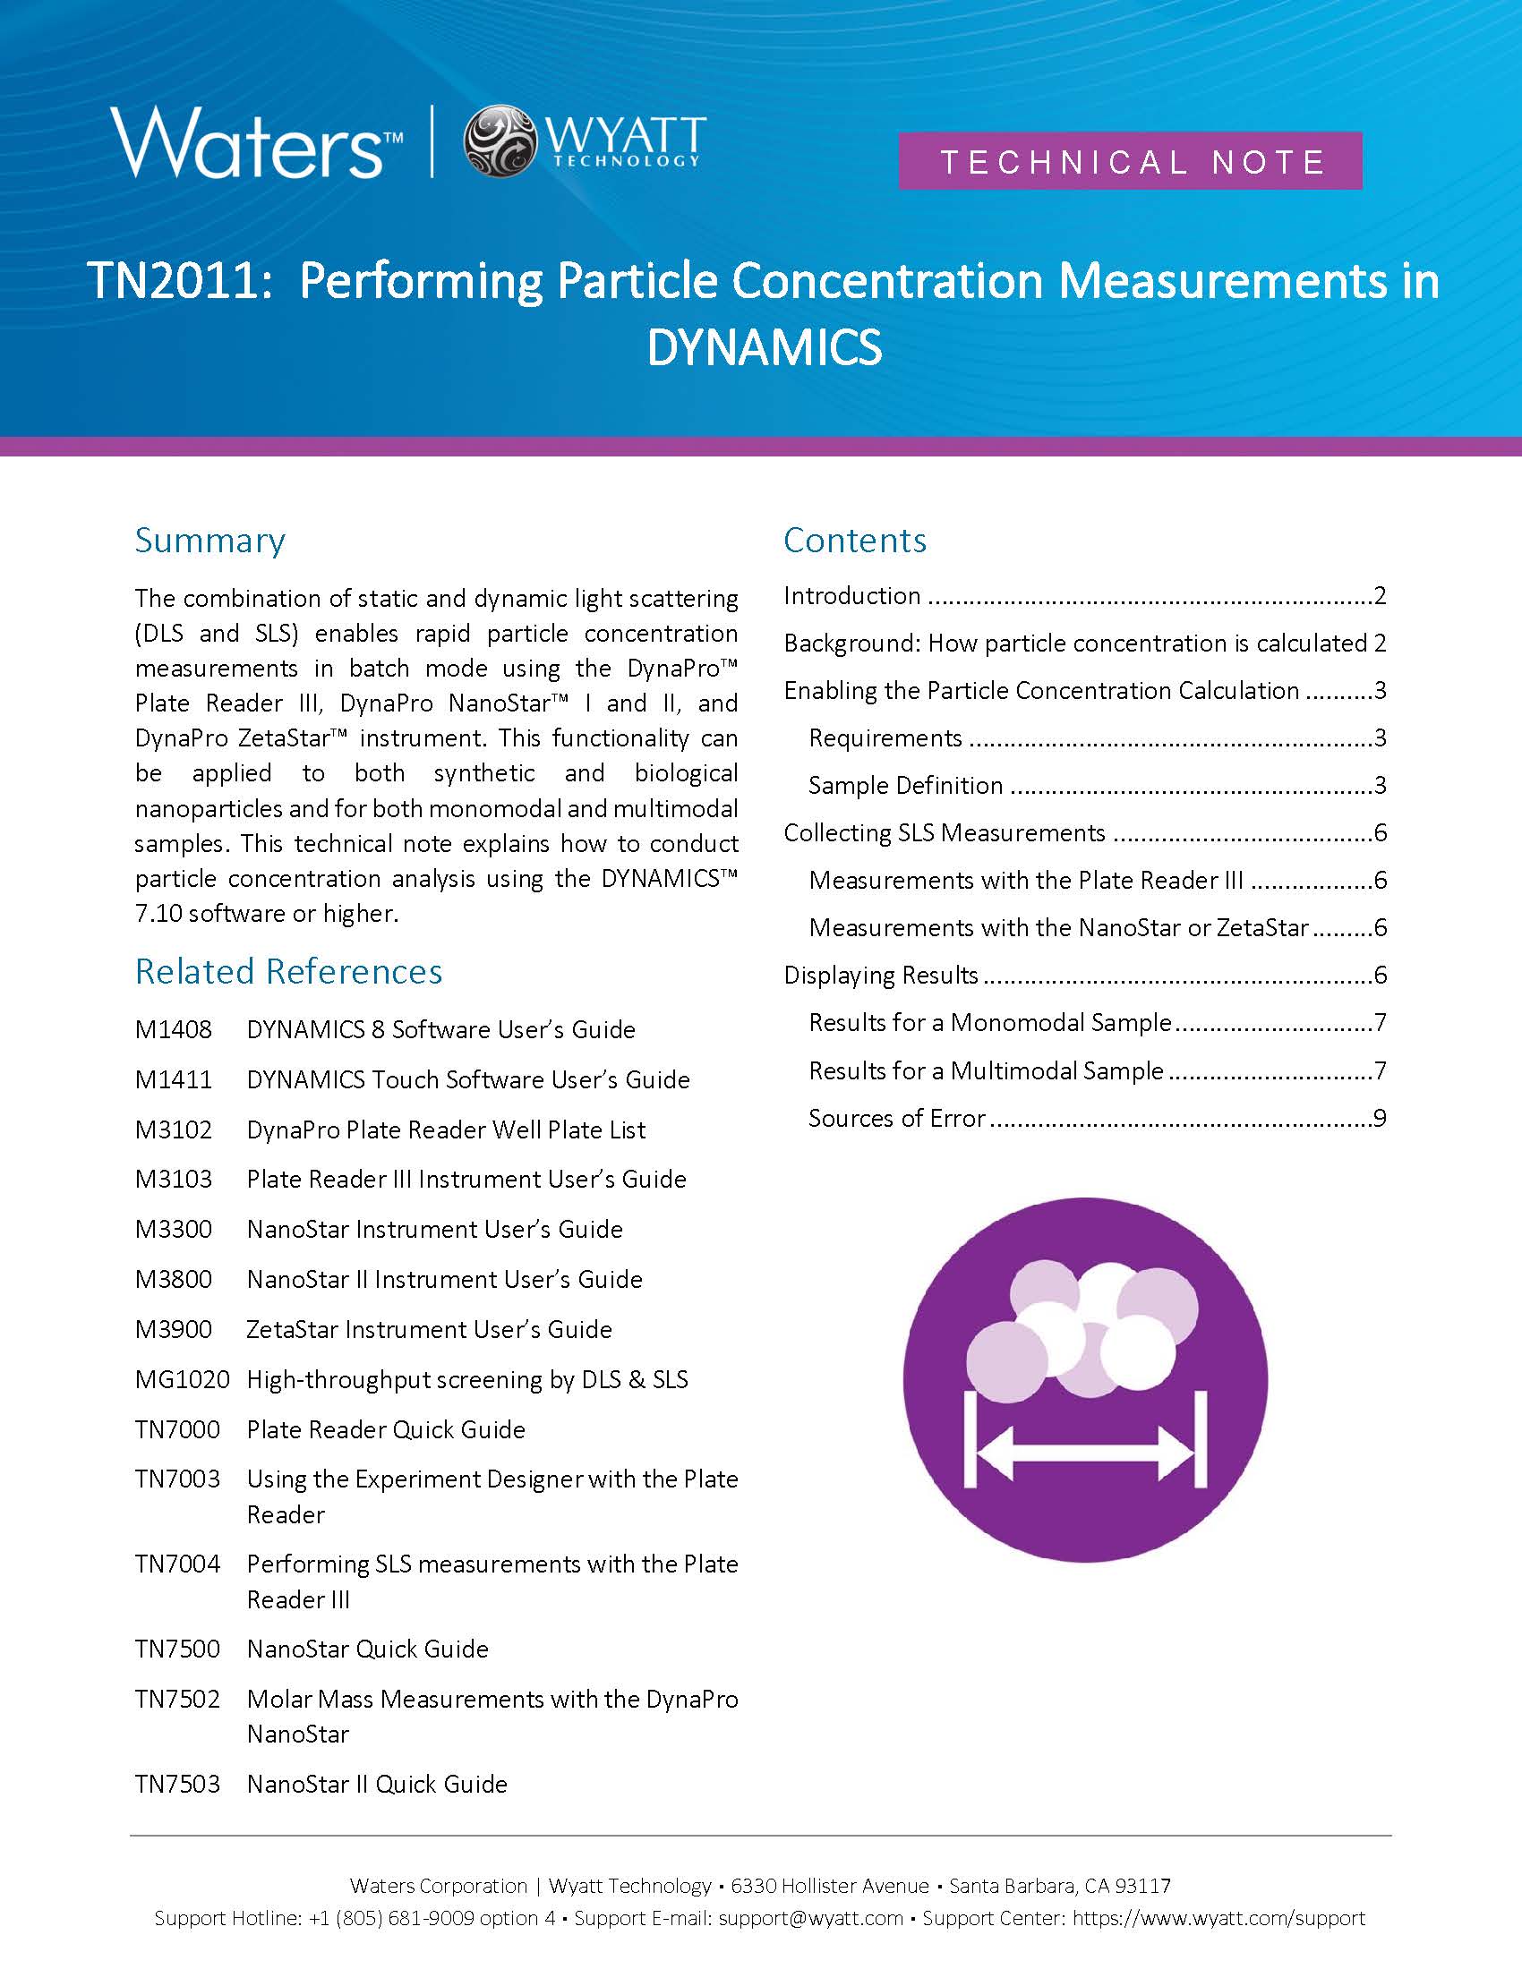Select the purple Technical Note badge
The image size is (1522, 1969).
point(1130,161)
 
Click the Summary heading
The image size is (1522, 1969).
point(210,540)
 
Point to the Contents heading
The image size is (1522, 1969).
point(855,540)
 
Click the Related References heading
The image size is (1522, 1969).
point(288,971)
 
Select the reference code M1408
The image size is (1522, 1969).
point(173,1029)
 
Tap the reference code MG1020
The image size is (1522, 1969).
point(182,1379)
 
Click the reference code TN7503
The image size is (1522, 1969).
point(177,1783)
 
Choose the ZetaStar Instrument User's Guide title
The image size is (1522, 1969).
point(429,1329)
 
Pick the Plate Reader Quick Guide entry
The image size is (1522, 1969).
point(386,1429)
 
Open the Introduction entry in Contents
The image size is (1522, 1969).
point(852,596)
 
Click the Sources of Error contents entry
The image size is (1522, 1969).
point(897,1118)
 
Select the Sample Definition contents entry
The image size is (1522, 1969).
point(905,785)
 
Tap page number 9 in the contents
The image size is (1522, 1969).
point(1379,1118)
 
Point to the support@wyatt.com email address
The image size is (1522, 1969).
point(810,1918)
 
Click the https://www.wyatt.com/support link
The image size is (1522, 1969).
point(1218,1918)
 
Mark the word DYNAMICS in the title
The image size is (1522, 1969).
point(765,347)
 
